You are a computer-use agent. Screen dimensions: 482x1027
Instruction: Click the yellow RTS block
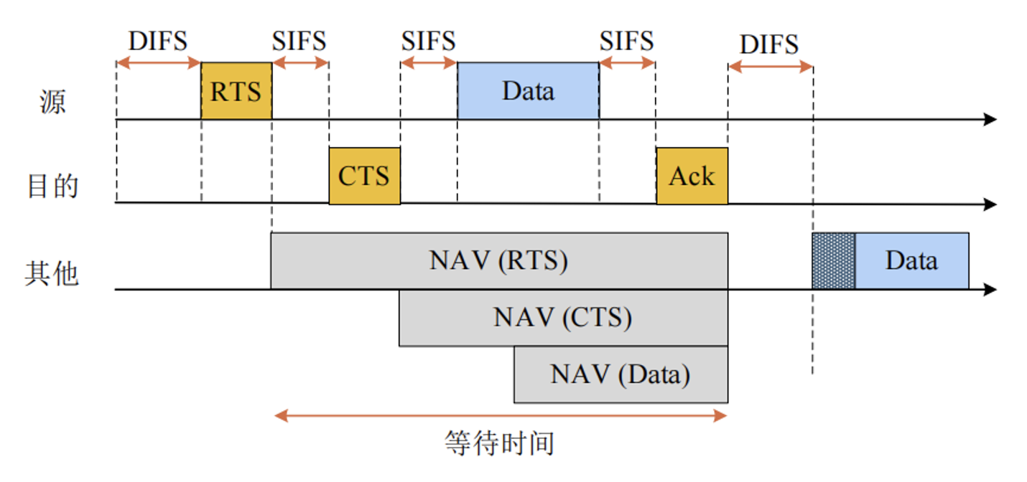(236, 91)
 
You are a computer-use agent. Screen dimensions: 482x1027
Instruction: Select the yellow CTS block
(364, 176)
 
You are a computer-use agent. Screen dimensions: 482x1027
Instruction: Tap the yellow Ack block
(692, 176)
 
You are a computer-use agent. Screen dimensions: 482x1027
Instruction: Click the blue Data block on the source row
(528, 91)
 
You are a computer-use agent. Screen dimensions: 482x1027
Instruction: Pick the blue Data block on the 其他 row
(911, 260)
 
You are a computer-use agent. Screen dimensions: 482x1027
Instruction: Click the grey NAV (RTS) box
(499, 260)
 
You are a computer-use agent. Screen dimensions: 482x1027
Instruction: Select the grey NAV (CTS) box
(563, 317)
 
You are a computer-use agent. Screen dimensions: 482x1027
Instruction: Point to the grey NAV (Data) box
(621, 374)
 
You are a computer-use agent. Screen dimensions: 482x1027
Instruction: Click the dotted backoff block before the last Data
(833, 260)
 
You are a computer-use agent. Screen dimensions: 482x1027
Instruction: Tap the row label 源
(52, 102)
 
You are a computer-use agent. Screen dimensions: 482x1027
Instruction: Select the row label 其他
(52, 273)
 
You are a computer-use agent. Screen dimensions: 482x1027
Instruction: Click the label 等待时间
(500, 443)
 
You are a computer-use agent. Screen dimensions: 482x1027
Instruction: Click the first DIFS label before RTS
(157, 41)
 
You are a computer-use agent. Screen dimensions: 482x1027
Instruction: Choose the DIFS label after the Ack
(769, 44)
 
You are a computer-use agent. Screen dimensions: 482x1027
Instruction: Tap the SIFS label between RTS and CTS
(299, 41)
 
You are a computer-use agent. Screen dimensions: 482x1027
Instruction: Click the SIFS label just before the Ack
(627, 41)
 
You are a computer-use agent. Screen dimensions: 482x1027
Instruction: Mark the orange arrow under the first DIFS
(158, 63)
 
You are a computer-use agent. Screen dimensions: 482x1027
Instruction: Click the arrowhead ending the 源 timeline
(991, 119)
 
